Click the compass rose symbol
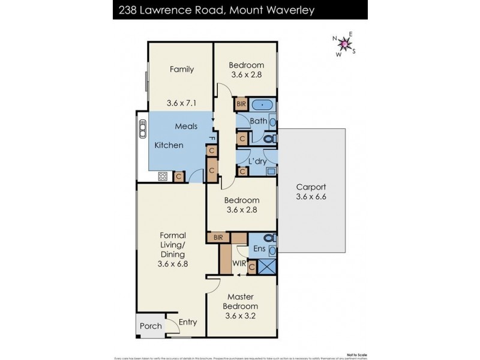pos(344,44)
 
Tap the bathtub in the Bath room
pos(262,105)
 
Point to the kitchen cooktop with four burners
pos(162,176)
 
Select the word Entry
pos(187,322)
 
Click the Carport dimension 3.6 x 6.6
pos(311,196)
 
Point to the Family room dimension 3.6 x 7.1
pos(181,103)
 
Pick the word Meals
pos(186,127)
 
